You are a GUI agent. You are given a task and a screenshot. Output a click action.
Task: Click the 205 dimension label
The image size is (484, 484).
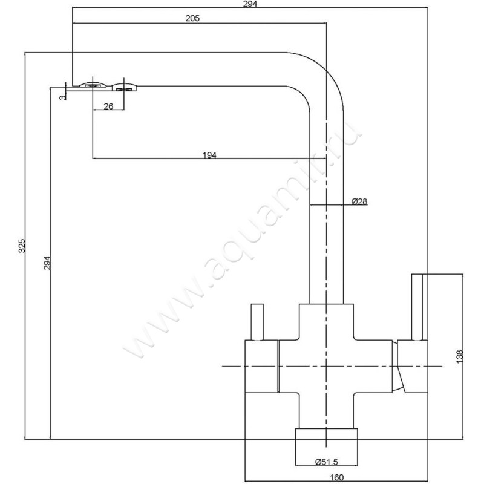pos(192,18)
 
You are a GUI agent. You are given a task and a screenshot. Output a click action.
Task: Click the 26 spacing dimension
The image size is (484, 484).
pos(108,106)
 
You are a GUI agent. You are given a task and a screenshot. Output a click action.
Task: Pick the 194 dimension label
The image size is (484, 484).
pos(209,155)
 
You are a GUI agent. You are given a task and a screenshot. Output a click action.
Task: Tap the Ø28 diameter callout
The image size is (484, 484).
pos(359,201)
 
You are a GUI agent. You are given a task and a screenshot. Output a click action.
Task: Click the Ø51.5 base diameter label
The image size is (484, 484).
pos(327,462)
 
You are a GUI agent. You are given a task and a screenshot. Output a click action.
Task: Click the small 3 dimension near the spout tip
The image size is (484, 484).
pos(62,97)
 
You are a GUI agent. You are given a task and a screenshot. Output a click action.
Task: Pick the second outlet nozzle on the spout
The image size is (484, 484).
pos(125,88)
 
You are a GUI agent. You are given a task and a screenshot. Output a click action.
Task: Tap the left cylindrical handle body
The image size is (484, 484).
pos(261,366)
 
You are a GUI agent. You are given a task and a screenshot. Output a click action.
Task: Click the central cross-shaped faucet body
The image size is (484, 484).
pos(327,363)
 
